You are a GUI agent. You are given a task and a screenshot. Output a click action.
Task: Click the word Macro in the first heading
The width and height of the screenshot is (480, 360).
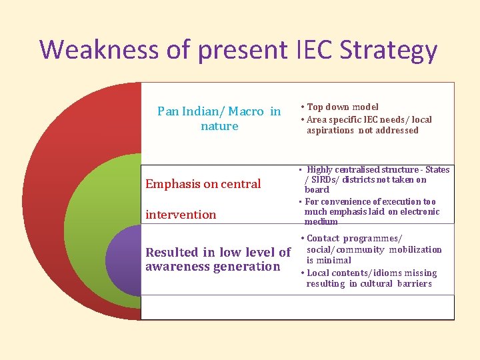point(247,111)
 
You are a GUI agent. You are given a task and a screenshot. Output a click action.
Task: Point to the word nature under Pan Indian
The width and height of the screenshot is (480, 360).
point(219,126)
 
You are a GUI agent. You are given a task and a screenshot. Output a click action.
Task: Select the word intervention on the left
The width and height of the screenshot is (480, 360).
point(181,215)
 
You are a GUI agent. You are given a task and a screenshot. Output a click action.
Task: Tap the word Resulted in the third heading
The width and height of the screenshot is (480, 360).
point(172,252)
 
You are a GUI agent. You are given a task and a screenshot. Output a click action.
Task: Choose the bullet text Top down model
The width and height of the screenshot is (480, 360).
point(343,107)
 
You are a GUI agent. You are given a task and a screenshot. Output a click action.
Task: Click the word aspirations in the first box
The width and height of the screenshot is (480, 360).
point(331,131)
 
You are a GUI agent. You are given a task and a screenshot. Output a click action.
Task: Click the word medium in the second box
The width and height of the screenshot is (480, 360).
point(321,222)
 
